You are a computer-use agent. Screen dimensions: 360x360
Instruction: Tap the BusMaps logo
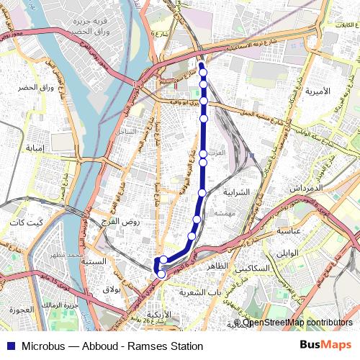pos(324,346)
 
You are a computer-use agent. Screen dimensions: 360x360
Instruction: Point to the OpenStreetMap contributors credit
pos(292,323)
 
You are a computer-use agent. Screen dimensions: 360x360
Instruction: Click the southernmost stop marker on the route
pos(161,274)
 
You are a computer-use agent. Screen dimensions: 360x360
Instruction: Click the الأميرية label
pos(317,91)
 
